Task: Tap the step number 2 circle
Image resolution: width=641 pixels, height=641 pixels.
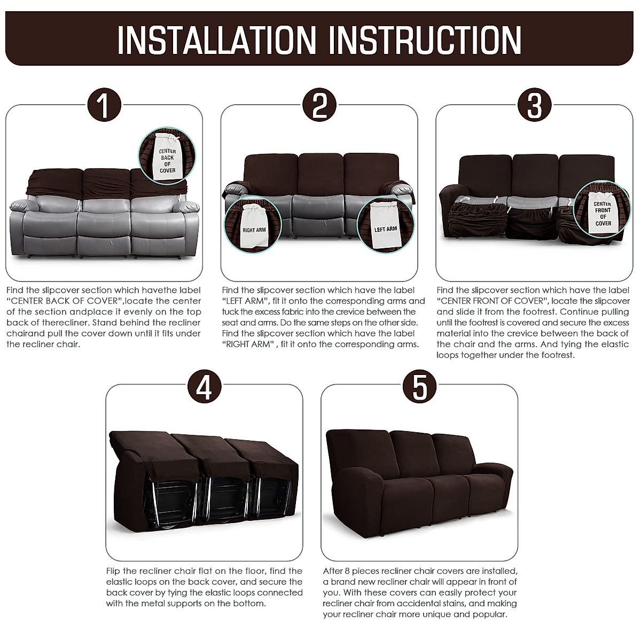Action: tap(319, 106)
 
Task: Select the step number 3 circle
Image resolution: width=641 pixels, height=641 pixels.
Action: tap(535, 106)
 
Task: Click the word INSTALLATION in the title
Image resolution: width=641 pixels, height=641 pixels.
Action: tap(216, 40)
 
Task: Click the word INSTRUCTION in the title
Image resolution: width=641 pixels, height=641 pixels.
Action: tap(425, 40)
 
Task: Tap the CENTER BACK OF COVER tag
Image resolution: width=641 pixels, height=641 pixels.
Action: tap(167, 160)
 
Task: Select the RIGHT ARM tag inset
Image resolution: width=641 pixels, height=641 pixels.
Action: tap(253, 227)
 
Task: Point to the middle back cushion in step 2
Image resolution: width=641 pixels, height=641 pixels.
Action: tap(319, 171)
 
